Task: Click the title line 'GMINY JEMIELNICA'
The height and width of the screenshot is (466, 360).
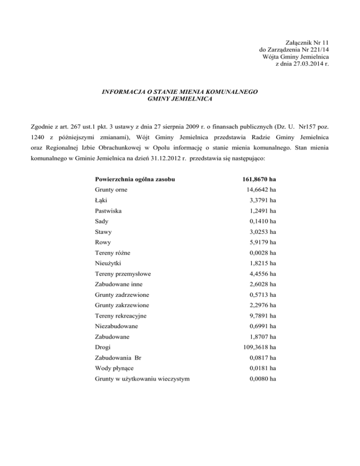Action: (x=180, y=100)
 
